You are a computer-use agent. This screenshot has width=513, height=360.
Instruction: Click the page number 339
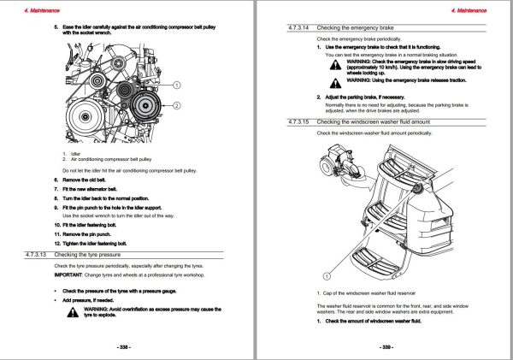click(x=386, y=346)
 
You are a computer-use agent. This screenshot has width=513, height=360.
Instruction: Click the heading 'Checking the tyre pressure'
click(x=91, y=255)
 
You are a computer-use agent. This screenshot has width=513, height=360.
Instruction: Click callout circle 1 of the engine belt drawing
click(x=176, y=86)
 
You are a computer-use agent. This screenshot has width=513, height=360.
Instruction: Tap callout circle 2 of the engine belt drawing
click(x=176, y=105)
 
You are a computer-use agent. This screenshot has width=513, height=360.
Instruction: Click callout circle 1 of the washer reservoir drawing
click(x=325, y=276)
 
